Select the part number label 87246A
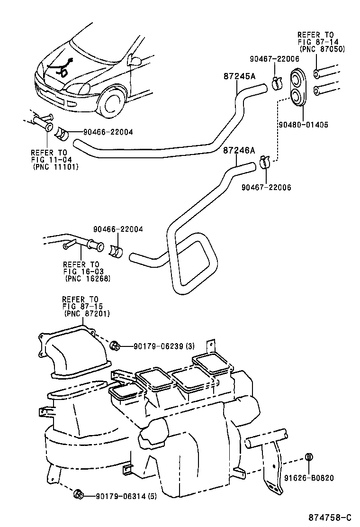[x=239, y=151]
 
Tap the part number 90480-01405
[x=303, y=125]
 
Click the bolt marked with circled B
[x=308, y=457]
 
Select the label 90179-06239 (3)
[x=153, y=347]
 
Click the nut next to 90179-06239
[x=115, y=346]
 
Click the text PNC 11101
[x=55, y=167]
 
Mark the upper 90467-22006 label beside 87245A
[x=274, y=59]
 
